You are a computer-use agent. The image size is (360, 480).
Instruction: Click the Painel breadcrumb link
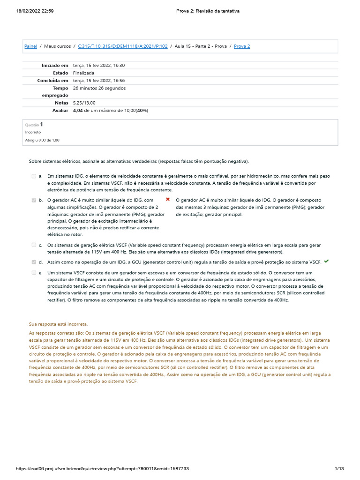click(x=30, y=46)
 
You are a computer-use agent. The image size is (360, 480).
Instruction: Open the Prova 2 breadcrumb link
click(x=242, y=46)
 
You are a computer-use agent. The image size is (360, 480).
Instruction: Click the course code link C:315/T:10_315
click(x=123, y=46)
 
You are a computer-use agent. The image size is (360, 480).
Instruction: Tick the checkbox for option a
click(x=34, y=176)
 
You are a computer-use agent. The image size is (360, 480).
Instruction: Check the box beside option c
click(x=34, y=245)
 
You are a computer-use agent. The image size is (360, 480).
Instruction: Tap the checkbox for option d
click(x=34, y=262)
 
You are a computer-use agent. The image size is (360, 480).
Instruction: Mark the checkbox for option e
click(x=34, y=272)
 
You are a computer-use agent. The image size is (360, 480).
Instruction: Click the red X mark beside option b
click(x=168, y=200)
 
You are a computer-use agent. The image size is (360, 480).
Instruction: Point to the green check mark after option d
click(x=326, y=262)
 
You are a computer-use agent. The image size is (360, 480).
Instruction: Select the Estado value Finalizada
click(x=83, y=73)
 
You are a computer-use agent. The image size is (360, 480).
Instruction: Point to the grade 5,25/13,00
click(x=84, y=103)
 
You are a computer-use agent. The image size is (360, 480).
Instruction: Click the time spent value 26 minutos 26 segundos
click(x=99, y=88)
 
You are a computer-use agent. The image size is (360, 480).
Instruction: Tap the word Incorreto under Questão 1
click(x=33, y=132)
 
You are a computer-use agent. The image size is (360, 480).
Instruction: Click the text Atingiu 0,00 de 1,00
click(x=42, y=140)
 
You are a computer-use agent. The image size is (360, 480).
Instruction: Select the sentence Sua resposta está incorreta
click(x=58, y=324)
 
